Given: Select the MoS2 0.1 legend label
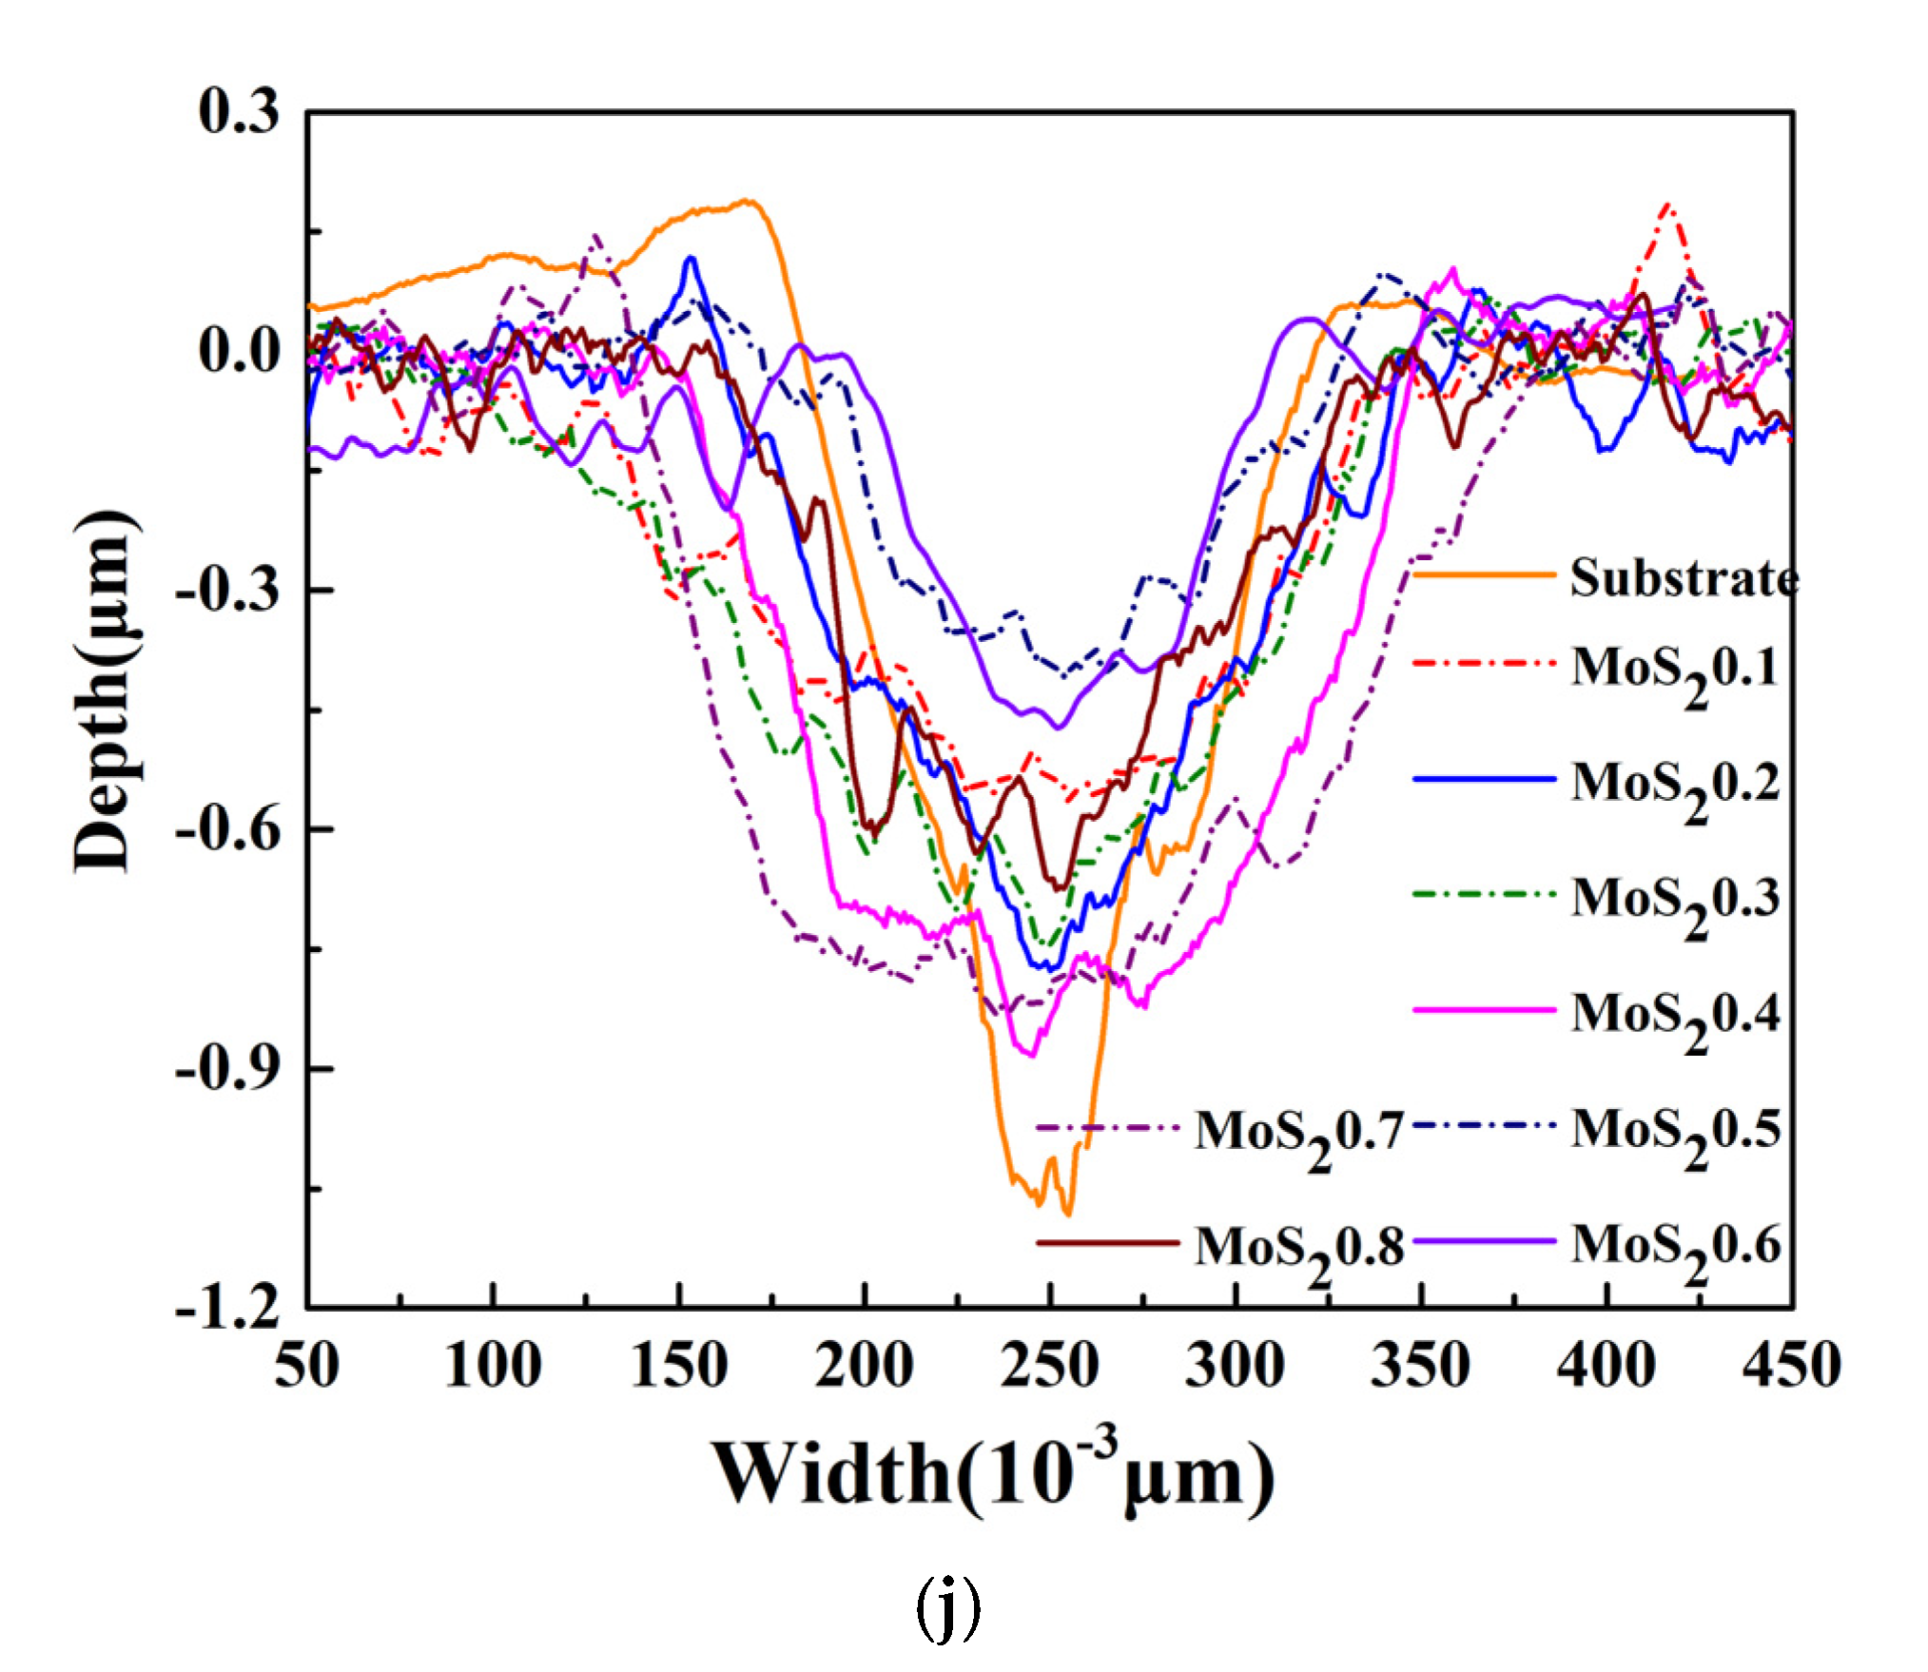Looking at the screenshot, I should (1674, 670).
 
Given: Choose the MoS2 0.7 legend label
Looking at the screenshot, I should (1299, 1134).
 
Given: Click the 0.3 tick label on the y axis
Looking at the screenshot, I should (239, 111).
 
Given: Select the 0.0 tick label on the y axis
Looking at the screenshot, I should (239, 350).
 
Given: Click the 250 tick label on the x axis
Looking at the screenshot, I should (1049, 1366).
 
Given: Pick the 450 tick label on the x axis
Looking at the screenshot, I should (1791, 1366).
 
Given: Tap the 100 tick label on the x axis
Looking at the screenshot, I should (493, 1366).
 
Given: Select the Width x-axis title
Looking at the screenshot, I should (994, 1474).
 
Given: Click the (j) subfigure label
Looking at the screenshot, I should (947, 1608).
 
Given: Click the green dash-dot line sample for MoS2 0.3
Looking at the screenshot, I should (1484, 894).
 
